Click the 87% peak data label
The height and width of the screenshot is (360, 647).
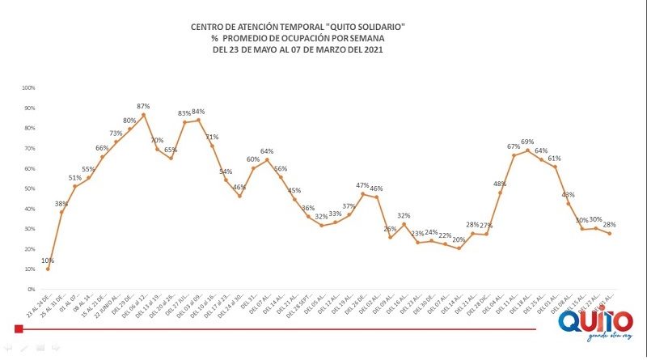pos(143,106)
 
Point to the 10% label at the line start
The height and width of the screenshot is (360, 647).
pos(48,260)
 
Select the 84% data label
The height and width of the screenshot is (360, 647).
pos(197,112)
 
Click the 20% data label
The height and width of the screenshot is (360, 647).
pos(459,239)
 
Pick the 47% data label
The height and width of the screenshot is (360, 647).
pos(362,185)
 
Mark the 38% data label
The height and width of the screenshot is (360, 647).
pos(61,204)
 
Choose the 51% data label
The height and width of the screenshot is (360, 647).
pos(74,178)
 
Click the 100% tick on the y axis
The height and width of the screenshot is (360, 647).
pos(28,87)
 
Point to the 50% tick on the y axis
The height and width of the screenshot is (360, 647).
pos(29,188)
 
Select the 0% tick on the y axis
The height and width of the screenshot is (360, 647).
pos(31,289)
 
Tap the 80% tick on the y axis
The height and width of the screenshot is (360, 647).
pos(29,128)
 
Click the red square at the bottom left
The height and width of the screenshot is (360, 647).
pos(18,327)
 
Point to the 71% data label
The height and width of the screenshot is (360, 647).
pos(213,138)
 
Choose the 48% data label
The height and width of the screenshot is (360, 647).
pos(499,184)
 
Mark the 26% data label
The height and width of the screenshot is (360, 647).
pos(390,228)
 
